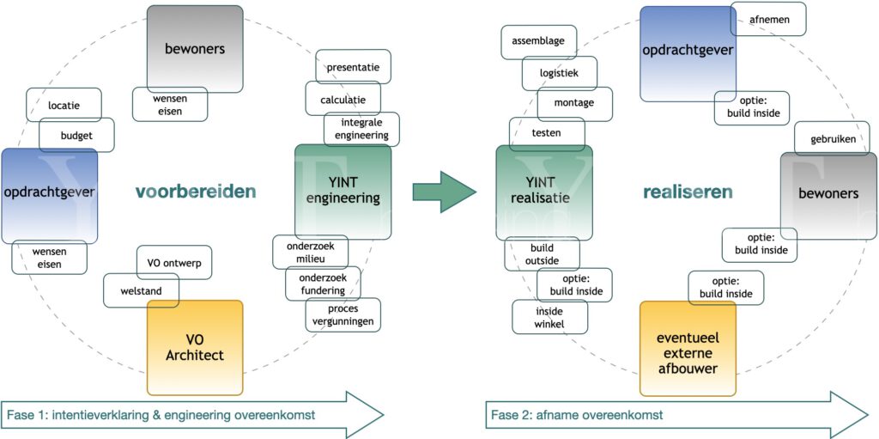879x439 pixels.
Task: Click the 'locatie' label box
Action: tap(64, 105)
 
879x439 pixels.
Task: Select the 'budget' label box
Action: tap(76, 135)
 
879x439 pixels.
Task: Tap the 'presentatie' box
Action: tap(353, 67)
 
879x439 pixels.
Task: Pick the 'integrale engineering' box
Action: tap(361, 129)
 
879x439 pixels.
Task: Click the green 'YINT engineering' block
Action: tap(343, 191)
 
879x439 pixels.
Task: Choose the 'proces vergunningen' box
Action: tap(343, 314)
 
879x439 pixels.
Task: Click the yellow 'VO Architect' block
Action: tap(195, 347)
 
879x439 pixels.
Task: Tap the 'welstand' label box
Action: tap(141, 290)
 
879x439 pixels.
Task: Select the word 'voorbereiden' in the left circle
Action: tap(196, 192)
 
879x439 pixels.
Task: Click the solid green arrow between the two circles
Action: tap(443, 192)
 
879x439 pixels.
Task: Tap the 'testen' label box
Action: tap(547, 134)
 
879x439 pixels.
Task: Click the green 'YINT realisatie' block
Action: tap(543, 192)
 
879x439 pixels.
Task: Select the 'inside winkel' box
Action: tap(549, 316)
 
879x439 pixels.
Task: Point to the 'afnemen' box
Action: tap(768, 19)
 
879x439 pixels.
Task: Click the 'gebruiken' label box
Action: tap(833, 138)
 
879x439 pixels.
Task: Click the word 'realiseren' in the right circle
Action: tap(688, 192)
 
